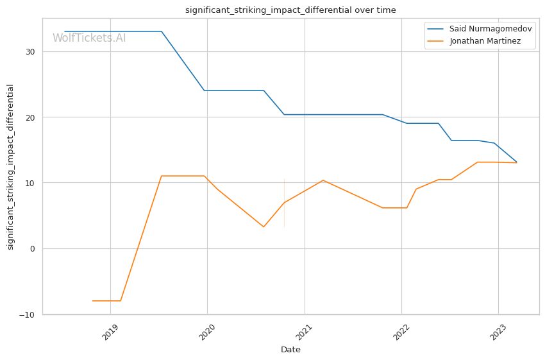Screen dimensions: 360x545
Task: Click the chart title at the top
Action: [290, 10]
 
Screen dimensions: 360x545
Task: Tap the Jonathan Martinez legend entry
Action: [484, 41]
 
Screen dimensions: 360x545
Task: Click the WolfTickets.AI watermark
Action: [89, 38]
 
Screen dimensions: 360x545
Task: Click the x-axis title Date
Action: [290, 350]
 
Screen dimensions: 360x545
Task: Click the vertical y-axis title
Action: [11, 166]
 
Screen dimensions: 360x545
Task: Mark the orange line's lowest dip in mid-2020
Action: [264, 227]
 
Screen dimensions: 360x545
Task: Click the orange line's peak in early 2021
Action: [323, 180]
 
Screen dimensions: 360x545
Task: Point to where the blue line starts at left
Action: [65, 31]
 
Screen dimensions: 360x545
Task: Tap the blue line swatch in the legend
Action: [437, 29]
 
